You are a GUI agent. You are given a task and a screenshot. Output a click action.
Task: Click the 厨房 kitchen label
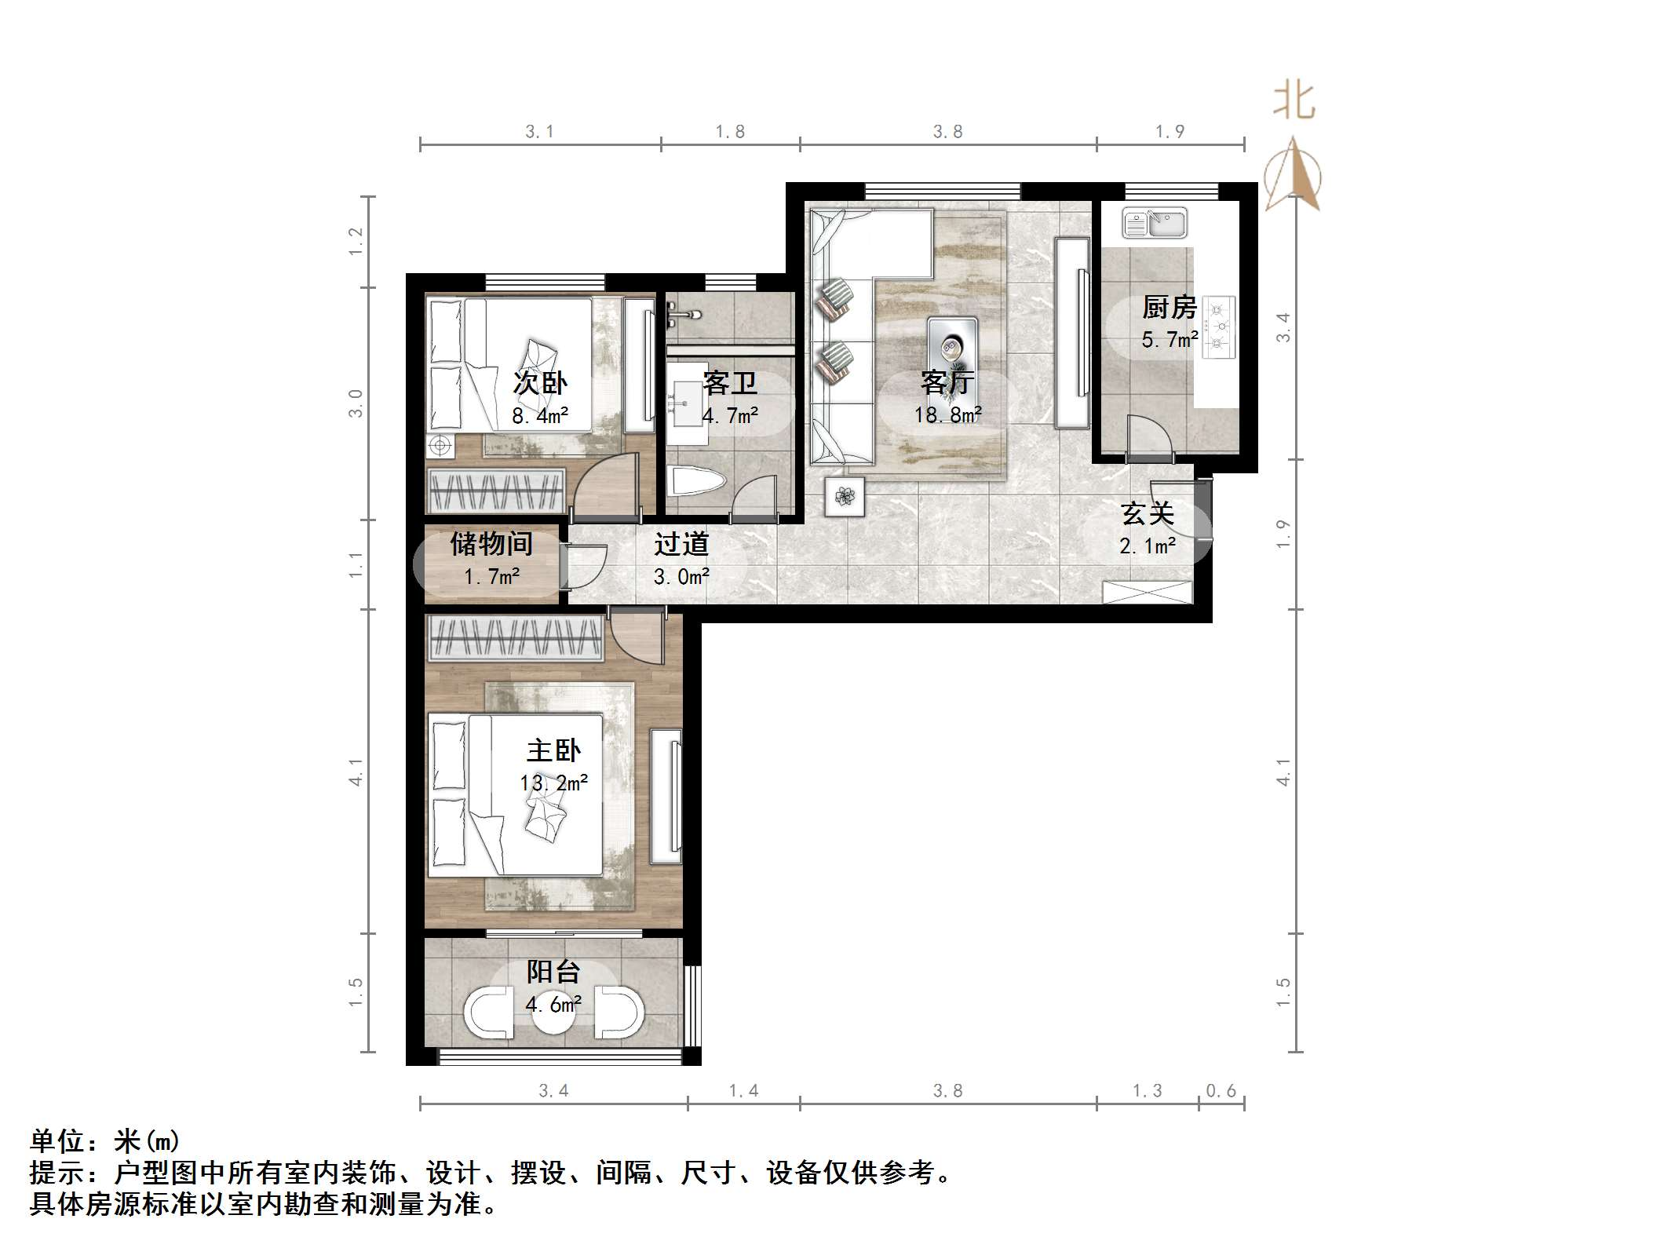[x=1169, y=307]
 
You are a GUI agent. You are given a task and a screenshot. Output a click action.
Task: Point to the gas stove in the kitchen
[x=1219, y=327]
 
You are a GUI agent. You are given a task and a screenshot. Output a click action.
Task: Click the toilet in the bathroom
[x=696, y=480]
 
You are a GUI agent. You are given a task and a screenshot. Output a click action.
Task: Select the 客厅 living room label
[x=947, y=382]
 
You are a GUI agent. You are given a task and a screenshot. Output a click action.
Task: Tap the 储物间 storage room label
[x=491, y=543]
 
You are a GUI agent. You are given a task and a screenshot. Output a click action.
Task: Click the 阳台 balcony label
[x=553, y=972]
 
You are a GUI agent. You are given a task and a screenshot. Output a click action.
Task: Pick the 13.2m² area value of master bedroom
[x=553, y=783]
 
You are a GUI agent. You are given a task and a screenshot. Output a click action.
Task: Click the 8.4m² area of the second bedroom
[x=540, y=415]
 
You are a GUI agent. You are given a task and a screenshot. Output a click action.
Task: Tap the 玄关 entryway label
[x=1148, y=514]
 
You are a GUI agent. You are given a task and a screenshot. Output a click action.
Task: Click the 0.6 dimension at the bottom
[x=1221, y=1090]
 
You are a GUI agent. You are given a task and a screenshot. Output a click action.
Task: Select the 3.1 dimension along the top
[x=539, y=132]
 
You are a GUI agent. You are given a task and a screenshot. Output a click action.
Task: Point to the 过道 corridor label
[x=681, y=543]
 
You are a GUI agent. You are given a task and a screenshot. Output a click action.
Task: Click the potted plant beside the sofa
[x=845, y=496]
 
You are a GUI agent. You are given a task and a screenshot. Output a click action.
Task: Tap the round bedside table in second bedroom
[x=440, y=446]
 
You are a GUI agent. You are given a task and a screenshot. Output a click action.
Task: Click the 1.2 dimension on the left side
[x=356, y=241]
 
